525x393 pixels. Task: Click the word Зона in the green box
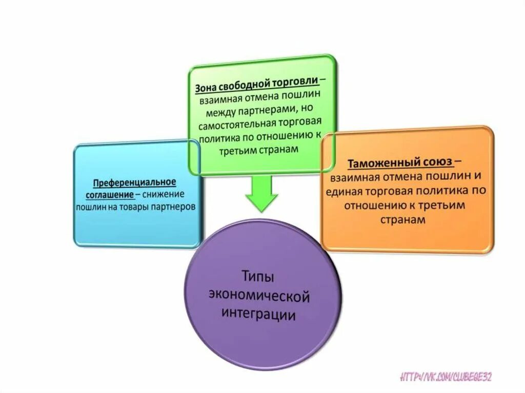tap(205, 88)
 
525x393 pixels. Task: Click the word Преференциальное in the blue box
tap(135, 183)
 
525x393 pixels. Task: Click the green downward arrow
tap(261, 193)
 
